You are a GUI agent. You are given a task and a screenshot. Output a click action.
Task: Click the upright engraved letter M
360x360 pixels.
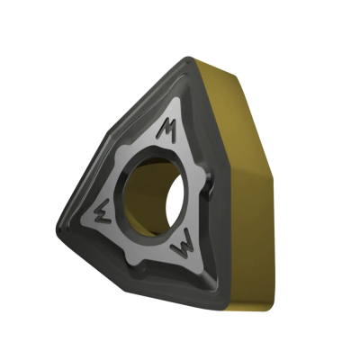click(x=166, y=129)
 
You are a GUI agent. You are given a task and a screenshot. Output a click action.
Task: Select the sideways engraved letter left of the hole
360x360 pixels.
click(x=103, y=213)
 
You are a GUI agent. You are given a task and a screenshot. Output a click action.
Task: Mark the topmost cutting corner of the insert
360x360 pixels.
click(x=188, y=59)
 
